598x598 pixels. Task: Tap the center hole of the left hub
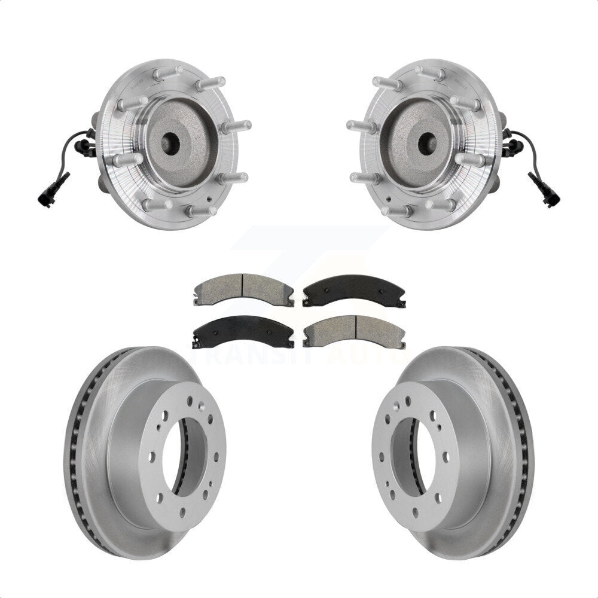[169, 142]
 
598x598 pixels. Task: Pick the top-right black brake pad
[354, 289]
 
